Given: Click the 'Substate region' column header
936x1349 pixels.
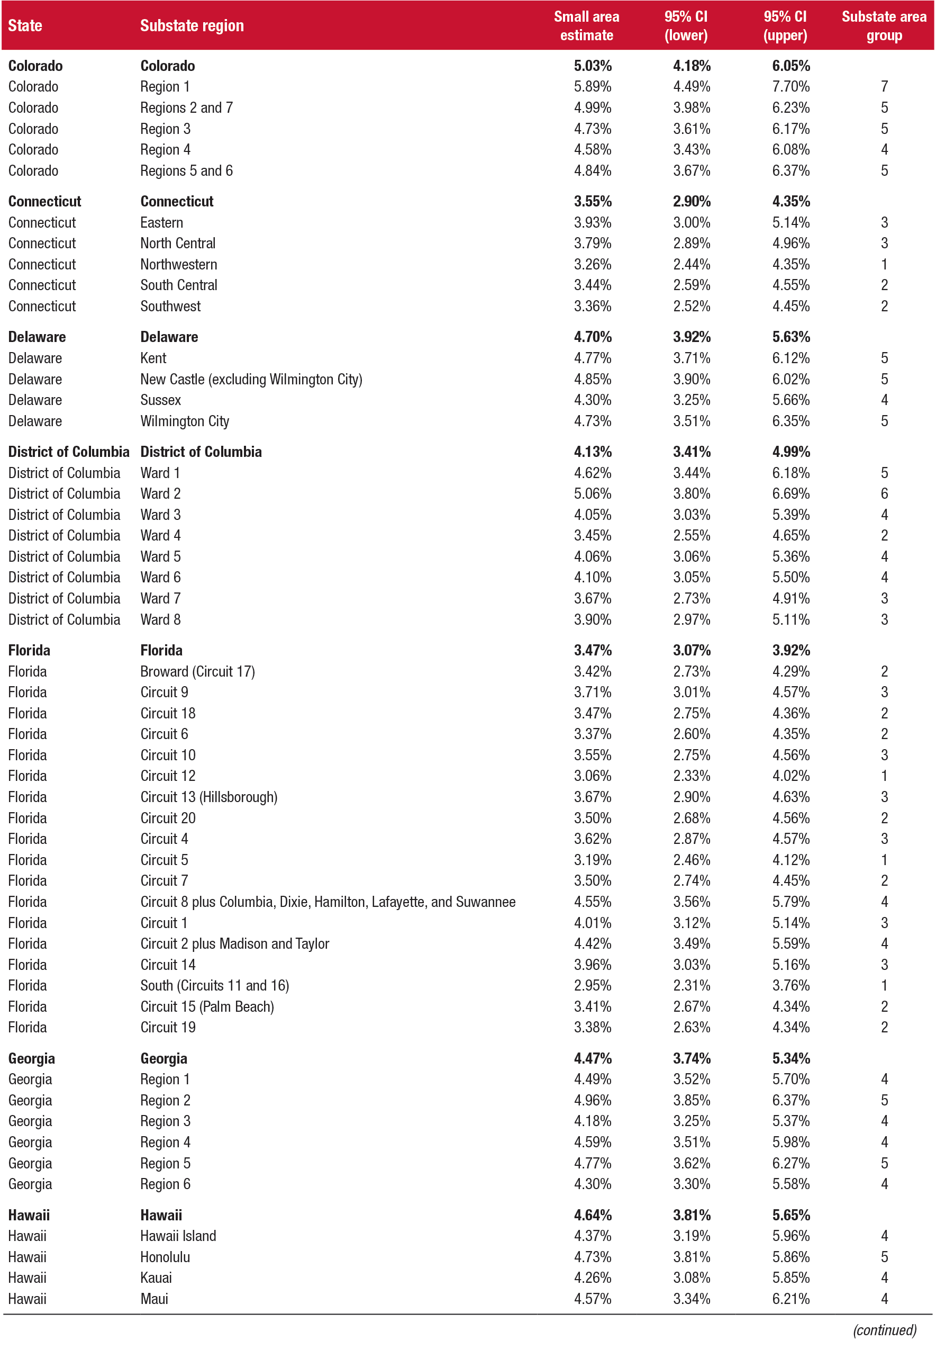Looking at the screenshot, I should coord(192,26).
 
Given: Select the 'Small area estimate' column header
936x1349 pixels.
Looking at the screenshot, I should coord(586,26).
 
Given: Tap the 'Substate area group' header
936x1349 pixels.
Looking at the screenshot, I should coord(883,26).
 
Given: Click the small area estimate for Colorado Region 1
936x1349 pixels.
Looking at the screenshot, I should coord(592,87).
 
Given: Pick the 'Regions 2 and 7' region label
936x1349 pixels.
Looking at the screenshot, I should coord(186,108).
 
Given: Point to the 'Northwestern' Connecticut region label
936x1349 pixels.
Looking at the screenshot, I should coord(178,265).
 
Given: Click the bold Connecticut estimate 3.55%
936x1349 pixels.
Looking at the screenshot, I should coord(592,201).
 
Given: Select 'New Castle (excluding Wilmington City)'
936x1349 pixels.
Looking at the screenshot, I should coord(251,380).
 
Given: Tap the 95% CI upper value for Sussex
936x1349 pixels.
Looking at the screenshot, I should coord(790,400).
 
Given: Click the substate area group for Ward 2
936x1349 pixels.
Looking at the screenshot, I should coord(884,494).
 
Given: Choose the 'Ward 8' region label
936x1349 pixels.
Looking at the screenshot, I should coord(160,619).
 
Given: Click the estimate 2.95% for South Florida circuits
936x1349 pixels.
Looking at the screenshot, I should coord(592,986).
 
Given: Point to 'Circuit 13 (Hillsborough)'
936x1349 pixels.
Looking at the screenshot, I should coord(209,797).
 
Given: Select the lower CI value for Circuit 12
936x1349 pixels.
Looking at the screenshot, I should coord(692,776).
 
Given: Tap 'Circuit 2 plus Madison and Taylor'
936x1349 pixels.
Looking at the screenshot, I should coord(234,944).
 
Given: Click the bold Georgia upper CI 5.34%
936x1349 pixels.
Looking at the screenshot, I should coord(790,1058).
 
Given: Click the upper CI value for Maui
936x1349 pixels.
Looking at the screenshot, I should coord(790,1299).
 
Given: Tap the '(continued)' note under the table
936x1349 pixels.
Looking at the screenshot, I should coord(884,1330).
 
